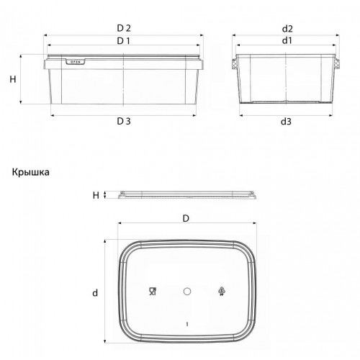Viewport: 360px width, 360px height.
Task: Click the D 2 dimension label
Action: click(x=124, y=28)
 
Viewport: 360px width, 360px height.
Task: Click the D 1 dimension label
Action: click(x=124, y=41)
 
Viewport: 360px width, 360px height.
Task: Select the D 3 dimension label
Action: click(x=124, y=121)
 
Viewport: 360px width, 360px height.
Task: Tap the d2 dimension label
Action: click(x=287, y=29)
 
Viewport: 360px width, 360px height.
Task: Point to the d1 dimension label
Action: click(x=287, y=40)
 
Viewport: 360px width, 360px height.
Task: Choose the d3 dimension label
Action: click(x=286, y=122)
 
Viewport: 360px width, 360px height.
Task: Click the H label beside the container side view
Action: click(x=13, y=79)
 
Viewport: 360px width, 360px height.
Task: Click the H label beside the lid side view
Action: click(x=96, y=195)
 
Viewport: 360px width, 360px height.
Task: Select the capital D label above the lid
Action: click(x=186, y=218)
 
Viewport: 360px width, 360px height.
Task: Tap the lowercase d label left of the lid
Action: click(x=95, y=293)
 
